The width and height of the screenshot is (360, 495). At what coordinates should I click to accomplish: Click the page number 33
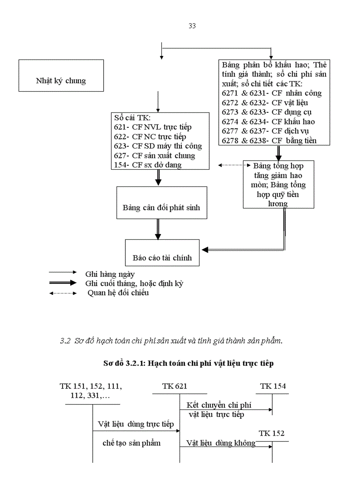click(x=192, y=26)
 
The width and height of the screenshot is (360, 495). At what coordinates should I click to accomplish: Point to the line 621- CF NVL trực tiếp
click(x=153, y=127)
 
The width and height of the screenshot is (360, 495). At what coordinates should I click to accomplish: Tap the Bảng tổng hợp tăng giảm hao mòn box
click(x=278, y=184)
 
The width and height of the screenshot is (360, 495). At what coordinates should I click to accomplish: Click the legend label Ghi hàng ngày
click(x=110, y=274)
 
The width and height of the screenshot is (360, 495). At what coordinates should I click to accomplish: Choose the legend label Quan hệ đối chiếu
click(x=118, y=293)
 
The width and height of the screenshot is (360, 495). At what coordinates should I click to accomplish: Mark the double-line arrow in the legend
click(x=63, y=283)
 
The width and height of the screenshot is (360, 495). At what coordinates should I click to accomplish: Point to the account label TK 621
click(x=175, y=387)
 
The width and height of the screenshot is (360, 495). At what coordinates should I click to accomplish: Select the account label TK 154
click(x=273, y=387)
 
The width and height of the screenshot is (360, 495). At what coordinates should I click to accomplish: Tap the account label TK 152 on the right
click(x=272, y=433)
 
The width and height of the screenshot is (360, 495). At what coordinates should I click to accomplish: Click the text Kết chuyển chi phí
click(x=219, y=405)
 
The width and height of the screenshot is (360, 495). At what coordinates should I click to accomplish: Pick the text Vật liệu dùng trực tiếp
click(x=135, y=424)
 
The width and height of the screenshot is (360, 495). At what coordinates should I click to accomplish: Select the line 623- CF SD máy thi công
click(x=157, y=146)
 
